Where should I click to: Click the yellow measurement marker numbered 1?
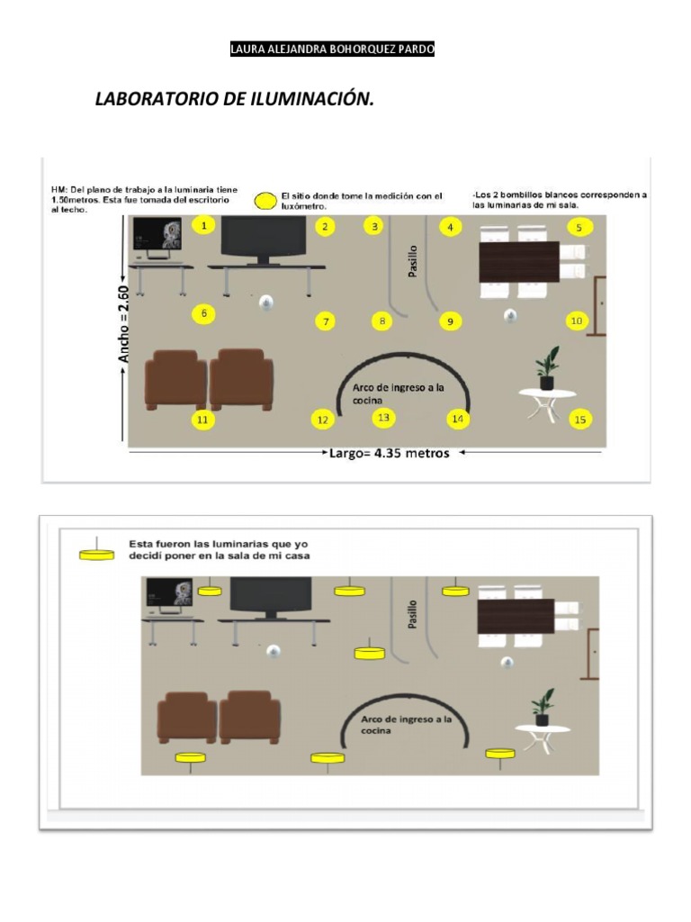click(x=204, y=225)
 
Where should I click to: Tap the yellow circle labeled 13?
click(x=383, y=418)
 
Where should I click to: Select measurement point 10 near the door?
click(x=577, y=321)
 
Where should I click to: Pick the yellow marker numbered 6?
click(x=204, y=313)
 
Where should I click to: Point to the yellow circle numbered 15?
click(x=580, y=420)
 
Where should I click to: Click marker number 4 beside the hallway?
click(x=451, y=227)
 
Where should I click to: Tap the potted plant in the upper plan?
click(x=548, y=368)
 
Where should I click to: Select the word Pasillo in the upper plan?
click(x=413, y=261)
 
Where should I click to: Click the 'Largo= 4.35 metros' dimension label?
click(x=389, y=454)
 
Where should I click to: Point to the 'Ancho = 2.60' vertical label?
click(x=124, y=324)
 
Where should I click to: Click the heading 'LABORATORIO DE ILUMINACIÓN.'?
click(x=235, y=98)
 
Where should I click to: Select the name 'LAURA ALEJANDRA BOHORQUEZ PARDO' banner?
click(x=332, y=49)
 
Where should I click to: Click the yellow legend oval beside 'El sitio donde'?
click(x=265, y=201)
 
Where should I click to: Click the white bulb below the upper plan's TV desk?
click(x=266, y=303)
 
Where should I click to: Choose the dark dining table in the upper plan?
click(x=519, y=262)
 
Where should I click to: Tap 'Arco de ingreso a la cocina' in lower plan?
click(x=406, y=725)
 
